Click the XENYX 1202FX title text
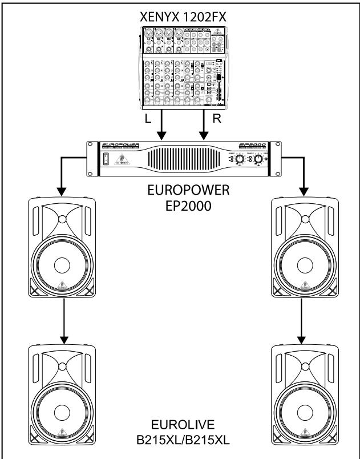(x=181, y=17)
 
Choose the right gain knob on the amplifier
(x=259, y=161)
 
